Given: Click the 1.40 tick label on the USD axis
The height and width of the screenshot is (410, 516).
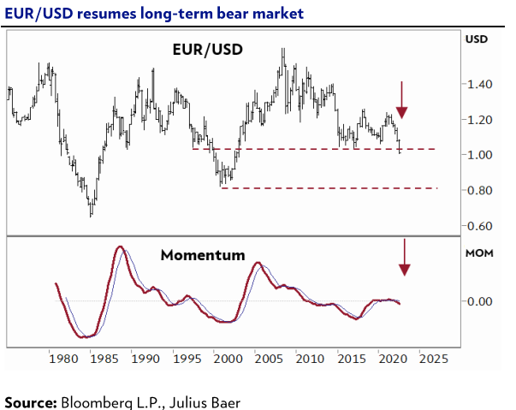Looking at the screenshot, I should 479,85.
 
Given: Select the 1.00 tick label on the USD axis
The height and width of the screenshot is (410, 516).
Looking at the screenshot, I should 479,155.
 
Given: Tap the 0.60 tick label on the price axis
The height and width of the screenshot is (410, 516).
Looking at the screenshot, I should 479,226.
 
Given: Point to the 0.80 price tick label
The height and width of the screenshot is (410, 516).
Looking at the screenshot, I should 479,191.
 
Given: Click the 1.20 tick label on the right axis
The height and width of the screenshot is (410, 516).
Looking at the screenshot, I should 479,120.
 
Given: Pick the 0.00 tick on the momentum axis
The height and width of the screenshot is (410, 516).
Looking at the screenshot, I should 479,301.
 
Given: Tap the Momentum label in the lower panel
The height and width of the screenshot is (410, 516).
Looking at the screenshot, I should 203,255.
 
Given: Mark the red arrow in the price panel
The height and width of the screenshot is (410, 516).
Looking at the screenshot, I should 402,100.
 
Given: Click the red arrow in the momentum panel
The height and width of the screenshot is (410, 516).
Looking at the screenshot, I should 405,258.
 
